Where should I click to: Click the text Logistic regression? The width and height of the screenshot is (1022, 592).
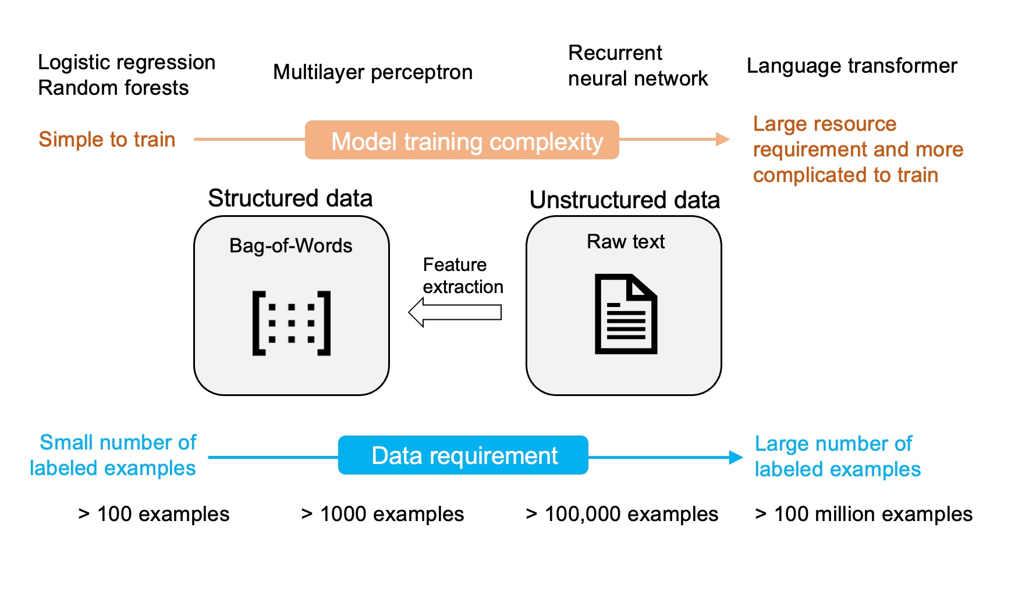coord(126,62)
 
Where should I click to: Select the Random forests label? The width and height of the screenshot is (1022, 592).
coord(113,88)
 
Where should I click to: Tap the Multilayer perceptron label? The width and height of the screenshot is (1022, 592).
coord(372,73)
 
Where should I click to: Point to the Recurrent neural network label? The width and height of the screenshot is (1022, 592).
coord(637,66)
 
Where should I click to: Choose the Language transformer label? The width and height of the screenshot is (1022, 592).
coord(851,66)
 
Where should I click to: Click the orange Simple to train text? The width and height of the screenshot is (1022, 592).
coord(107,140)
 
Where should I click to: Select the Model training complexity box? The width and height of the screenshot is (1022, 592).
coord(462,140)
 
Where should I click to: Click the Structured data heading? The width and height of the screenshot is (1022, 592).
coord(290,198)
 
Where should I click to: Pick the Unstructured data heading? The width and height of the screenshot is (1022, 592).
coord(624,200)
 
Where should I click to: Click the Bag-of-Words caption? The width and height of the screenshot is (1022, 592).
coord(290,245)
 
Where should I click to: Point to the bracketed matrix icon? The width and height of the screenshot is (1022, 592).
coord(291,323)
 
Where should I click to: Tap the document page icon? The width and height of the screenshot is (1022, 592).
coord(626,314)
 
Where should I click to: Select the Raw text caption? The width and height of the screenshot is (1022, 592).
coord(625,241)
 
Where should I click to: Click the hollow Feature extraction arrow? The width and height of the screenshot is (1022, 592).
coord(455,312)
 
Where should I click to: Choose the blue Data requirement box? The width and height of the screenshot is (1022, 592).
coord(463,455)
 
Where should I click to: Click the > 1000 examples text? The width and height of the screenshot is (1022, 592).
coord(382,514)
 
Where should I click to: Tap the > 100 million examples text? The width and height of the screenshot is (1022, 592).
coord(863,514)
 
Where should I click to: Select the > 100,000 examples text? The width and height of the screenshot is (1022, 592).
coord(622,514)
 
